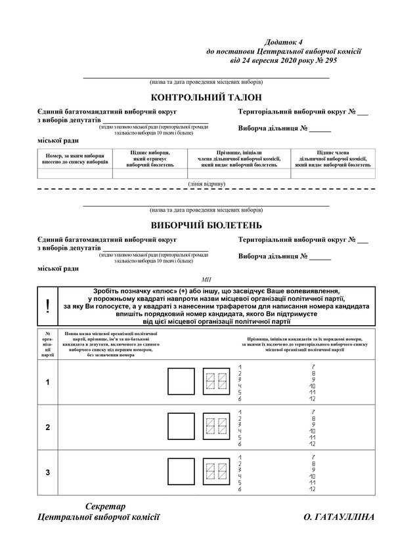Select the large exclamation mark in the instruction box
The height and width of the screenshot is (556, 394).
pos(47,306)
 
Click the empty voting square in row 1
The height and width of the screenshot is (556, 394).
pos(179,381)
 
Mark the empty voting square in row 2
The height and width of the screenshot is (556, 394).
pos(179,427)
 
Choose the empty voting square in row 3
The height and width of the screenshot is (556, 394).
pos(179,472)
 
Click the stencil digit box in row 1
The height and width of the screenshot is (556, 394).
pos(215,381)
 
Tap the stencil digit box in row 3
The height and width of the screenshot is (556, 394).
pos(215,472)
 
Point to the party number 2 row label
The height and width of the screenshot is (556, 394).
pos(47,427)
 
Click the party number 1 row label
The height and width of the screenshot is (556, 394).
pos(47,381)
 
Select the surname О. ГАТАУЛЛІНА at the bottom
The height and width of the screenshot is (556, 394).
pos(339,517)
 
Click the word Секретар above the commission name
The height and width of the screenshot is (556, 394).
pos(105,506)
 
